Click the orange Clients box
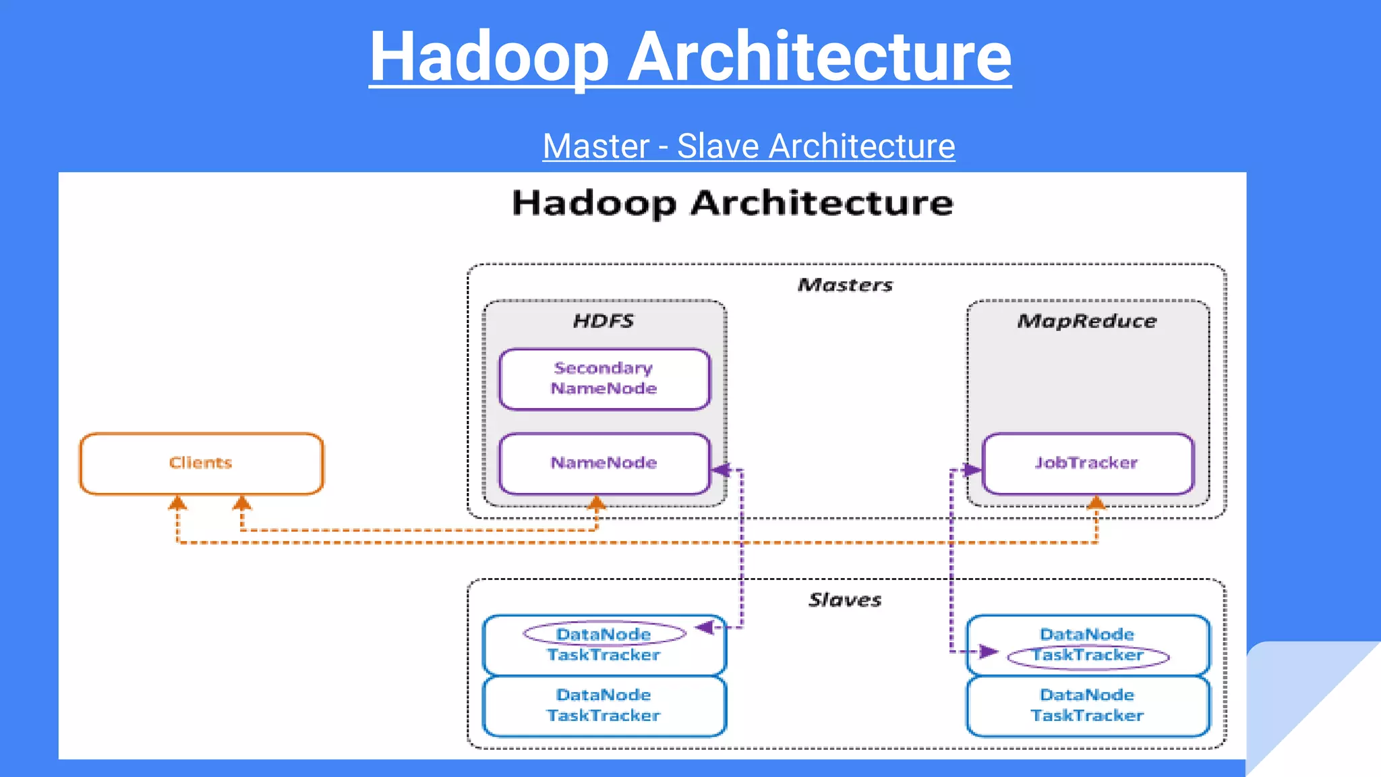201,463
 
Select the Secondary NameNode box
604,378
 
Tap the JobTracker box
1087,463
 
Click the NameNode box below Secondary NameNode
604,463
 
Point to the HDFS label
604,321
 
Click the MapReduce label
1087,321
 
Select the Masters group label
845,285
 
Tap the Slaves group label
845,600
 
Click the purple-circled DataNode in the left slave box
604,634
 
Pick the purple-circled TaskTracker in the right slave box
1088,656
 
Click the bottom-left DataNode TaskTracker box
604,706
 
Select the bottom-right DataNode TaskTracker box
1088,706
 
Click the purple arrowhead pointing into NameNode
721,469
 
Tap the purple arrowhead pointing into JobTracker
972,469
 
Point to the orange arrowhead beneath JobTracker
1096,502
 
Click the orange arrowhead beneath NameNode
596,502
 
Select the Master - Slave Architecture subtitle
748,146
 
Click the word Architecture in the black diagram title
821,203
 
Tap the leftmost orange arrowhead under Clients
177,502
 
